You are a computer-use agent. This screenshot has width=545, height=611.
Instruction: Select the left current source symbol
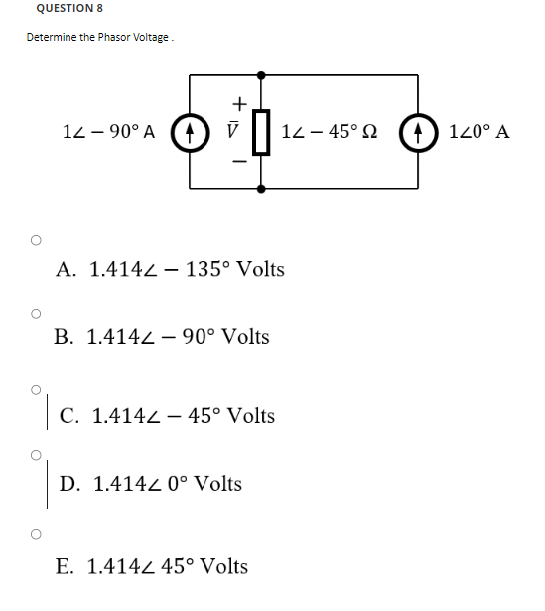pyautogui.click(x=186, y=132)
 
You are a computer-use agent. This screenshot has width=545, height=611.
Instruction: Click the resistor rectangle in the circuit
pyautogui.click(x=261, y=132)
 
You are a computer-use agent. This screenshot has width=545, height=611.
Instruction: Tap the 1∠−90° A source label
pyautogui.click(x=108, y=132)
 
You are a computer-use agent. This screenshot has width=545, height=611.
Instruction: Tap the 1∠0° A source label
pyautogui.click(x=479, y=132)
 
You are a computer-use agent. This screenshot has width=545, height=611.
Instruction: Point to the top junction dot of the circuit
pyautogui.click(x=261, y=74)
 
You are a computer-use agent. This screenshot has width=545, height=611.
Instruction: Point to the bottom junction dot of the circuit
pyautogui.click(x=261, y=188)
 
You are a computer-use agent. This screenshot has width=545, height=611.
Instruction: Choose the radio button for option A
pyautogui.click(x=36, y=240)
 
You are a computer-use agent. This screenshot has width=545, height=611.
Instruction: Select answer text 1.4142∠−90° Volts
pyautogui.click(x=178, y=337)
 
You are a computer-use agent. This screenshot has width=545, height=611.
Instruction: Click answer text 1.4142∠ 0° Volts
pyautogui.click(x=167, y=484)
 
